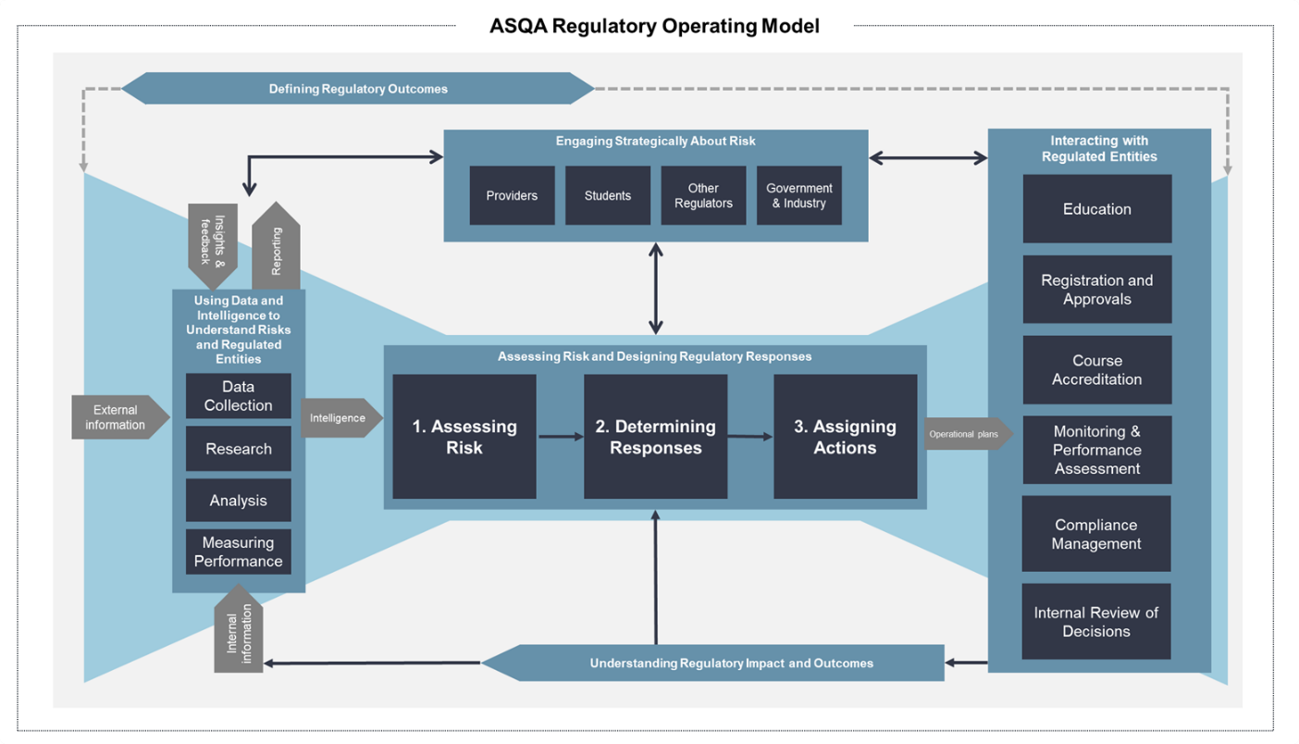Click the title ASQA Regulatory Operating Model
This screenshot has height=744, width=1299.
tap(654, 26)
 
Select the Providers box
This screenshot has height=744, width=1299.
tap(512, 195)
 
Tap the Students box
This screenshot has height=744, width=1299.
tap(608, 195)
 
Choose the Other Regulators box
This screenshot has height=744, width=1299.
tap(703, 195)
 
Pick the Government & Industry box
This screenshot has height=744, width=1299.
tap(799, 195)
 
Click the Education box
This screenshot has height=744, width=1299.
tap(1096, 209)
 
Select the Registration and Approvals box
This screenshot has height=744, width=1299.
tap(1096, 290)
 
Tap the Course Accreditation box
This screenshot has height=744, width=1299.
tap(1096, 370)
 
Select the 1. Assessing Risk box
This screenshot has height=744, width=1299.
tap(464, 437)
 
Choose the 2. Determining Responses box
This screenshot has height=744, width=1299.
tap(655, 437)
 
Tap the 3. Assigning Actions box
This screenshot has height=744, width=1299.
tap(845, 437)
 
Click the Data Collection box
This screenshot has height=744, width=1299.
tap(239, 396)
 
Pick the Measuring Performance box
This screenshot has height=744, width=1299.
tap(239, 552)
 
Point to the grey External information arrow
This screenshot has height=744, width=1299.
tap(118, 417)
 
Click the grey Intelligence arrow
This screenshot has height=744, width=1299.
tap(340, 418)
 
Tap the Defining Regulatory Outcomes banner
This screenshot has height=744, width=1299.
tap(358, 89)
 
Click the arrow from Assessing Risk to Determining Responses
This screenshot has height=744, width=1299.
tap(561, 437)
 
